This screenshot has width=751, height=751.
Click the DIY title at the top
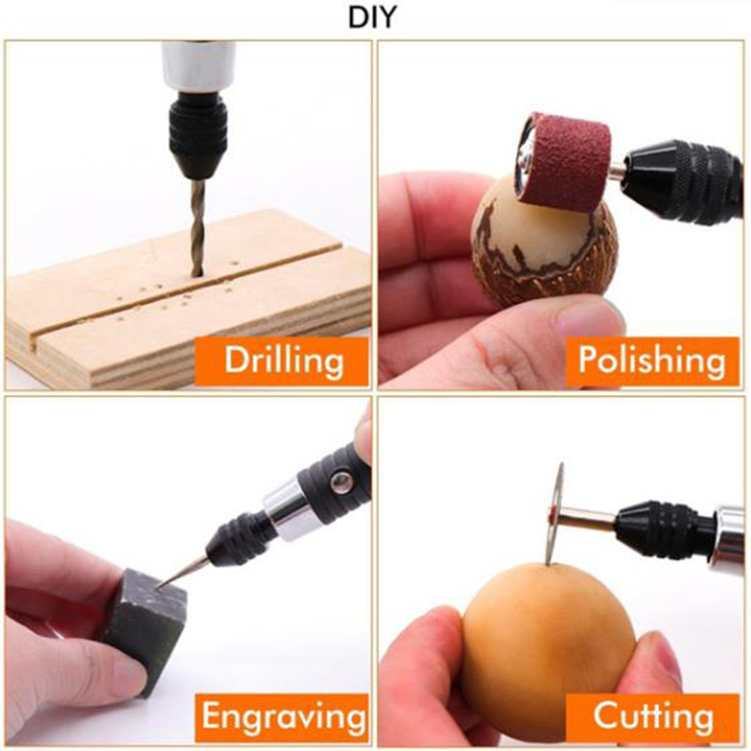tap(373, 17)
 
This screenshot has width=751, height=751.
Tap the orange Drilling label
tap(282, 361)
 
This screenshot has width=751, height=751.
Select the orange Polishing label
tap(652, 361)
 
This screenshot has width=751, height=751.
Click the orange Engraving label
tap(282, 717)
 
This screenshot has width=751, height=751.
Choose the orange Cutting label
tap(652, 717)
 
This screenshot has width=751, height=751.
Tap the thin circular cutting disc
tap(555, 513)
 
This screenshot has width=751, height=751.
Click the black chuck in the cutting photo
tap(666, 529)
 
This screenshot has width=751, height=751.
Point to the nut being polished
tap(543, 240)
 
